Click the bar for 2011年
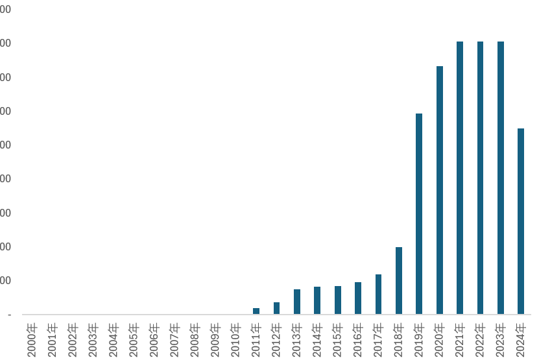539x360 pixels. [256, 311]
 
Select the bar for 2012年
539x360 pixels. [276, 308]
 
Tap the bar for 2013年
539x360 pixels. [297, 302]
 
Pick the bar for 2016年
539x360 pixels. [358, 298]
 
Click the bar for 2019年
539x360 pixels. [419, 214]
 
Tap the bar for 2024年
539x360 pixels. [521, 221]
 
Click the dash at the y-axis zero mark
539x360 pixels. [9, 315]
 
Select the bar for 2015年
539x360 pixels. [338, 300]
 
